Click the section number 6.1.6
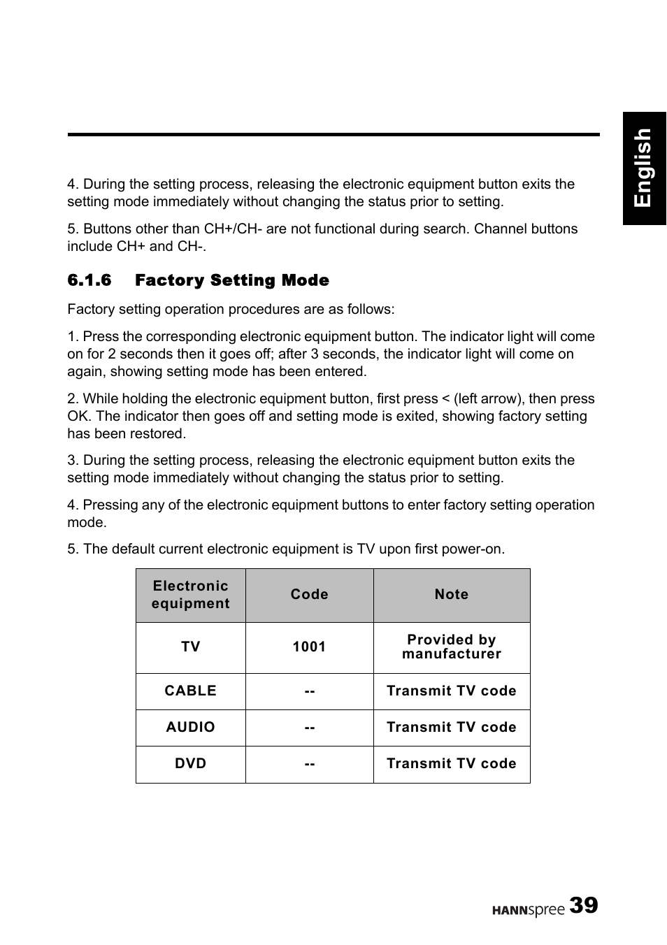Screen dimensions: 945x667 point(89,280)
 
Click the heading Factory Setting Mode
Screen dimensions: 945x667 point(231,280)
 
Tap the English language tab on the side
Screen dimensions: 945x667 point(644,168)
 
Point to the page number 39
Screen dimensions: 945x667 point(583,906)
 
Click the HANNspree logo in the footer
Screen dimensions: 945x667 point(528,909)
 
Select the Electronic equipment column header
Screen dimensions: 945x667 point(190,595)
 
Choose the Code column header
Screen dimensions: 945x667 point(309,595)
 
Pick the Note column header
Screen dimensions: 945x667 point(451,595)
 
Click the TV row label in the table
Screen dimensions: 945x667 point(190,647)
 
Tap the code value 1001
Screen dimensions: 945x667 point(309,647)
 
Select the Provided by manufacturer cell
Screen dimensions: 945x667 point(451,647)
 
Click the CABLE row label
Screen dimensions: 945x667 point(190,691)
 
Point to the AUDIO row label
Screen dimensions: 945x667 point(190,728)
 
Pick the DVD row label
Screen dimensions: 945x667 point(190,764)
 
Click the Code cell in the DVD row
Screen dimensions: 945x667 point(309,764)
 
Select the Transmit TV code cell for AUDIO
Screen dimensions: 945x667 point(451,728)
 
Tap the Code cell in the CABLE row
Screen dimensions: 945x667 point(309,691)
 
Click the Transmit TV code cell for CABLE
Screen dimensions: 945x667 point(451,691)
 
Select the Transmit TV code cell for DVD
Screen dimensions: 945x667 point(451,764)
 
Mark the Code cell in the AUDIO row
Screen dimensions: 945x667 point(309,728)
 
